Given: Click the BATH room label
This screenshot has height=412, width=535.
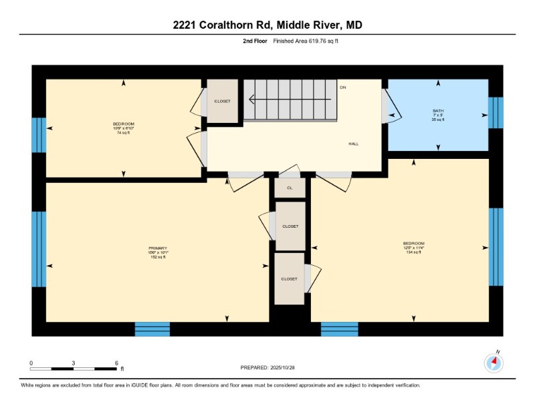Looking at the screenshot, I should [x=438, y=111].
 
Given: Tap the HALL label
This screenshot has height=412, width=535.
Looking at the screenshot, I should [x=354, y=144].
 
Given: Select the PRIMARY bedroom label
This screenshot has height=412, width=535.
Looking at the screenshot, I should [x=158, y=248].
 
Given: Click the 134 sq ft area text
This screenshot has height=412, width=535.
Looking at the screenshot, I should [x=413, y=252].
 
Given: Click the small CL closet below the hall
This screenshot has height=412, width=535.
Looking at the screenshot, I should [x=290, y=188].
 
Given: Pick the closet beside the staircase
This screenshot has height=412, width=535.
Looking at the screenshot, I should [x=222, y=101].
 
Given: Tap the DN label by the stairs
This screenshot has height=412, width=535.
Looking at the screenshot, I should [x=343, y=87].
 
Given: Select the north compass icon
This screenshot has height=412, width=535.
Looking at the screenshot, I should [x=494, y=363].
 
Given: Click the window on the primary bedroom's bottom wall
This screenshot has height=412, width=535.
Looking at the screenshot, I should [x=152, y=329].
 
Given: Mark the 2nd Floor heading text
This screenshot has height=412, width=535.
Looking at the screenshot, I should [x=255, y=41].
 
